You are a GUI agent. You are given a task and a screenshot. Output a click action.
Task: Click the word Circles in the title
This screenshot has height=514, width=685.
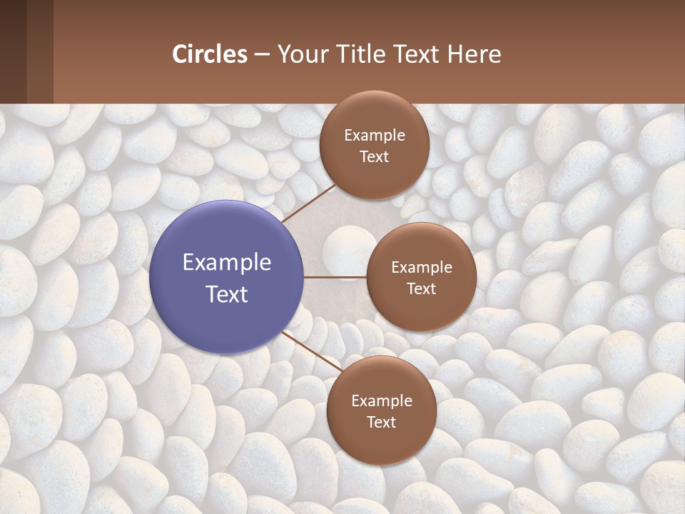click(x=210, y=54)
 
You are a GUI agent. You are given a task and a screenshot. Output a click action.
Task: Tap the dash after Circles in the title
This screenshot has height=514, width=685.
click(x=262, y=54)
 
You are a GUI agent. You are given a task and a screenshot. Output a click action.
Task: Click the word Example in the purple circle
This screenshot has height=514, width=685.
click(x=227, y=263)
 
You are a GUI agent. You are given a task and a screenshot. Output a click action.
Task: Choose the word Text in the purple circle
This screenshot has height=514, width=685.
click(x=227, y=294)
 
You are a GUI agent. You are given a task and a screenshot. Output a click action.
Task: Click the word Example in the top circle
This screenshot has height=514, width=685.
click(x=375, y=136)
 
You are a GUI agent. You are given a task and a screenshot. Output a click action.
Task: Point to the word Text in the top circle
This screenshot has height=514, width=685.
click(x=375, y=156)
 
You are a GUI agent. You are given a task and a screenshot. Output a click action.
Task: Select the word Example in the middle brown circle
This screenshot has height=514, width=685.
click(x=422, y=268)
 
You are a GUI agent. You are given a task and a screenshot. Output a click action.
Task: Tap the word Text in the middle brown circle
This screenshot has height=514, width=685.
click(x=422, y=288)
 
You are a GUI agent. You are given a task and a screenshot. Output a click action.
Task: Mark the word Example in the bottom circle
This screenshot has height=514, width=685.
click(x=382, y=401)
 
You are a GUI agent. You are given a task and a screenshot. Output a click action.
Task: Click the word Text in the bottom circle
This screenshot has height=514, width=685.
click(x=382, y=422)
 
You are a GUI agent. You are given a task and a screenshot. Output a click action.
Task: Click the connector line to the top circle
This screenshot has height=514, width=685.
click(x=309, y=203)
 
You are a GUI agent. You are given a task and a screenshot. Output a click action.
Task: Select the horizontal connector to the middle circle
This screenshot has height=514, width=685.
click(x=335, y=277)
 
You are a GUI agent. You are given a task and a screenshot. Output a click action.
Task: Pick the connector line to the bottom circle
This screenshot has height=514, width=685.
click(x=310, y=351)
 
